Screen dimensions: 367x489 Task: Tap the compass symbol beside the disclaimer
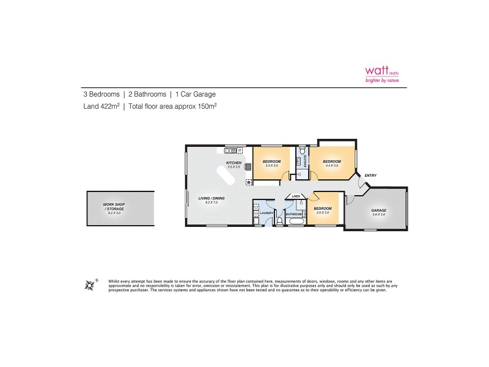tap(92, 284)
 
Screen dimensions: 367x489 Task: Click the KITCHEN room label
tap(235, 163)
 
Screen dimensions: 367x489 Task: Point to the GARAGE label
tap(379, 210)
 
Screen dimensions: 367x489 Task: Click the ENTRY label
tap(370, 176)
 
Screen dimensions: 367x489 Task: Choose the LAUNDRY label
tap(267, 213)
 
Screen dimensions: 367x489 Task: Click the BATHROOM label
tap(294, 214)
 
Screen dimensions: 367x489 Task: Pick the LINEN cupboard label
tap(296, 196)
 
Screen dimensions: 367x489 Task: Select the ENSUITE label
tap(306, 161)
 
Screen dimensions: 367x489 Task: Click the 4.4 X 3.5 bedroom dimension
tap(331, 166)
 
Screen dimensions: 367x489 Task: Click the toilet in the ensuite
tap(303, 150)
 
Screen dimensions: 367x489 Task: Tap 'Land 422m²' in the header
tap(101, 106)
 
